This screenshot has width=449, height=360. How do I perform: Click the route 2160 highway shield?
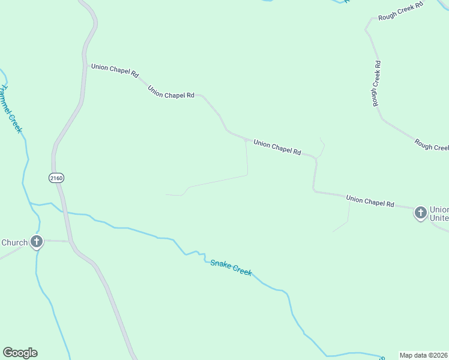[56, 178]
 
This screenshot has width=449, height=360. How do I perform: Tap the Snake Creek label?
[231, 268]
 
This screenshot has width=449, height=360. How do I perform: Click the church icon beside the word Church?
[37, 242]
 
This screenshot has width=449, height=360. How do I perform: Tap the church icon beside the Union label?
[421, 212]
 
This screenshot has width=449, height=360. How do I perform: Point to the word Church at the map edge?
[14, 243]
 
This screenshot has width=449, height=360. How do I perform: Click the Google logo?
[20, 353]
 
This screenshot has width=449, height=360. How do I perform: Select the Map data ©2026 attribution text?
[423, 355]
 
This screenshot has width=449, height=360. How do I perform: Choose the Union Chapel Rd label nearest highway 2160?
[115, 71]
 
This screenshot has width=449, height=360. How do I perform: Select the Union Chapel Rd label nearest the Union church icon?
[370, 200]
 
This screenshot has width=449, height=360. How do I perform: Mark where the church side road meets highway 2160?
[70, 241]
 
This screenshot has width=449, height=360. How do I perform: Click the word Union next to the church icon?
[439, 209]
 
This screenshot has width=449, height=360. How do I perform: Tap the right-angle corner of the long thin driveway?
[247, 175]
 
